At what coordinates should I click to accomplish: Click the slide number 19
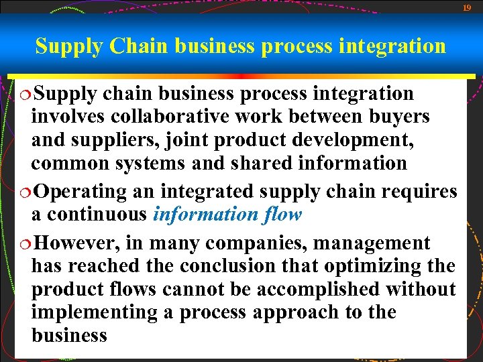pyautogui.click(x=467, y=7)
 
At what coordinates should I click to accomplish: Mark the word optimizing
pyautogui.click(x=372, y=266)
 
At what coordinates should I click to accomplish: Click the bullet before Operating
pyautogui.click(x=25, y=191)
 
